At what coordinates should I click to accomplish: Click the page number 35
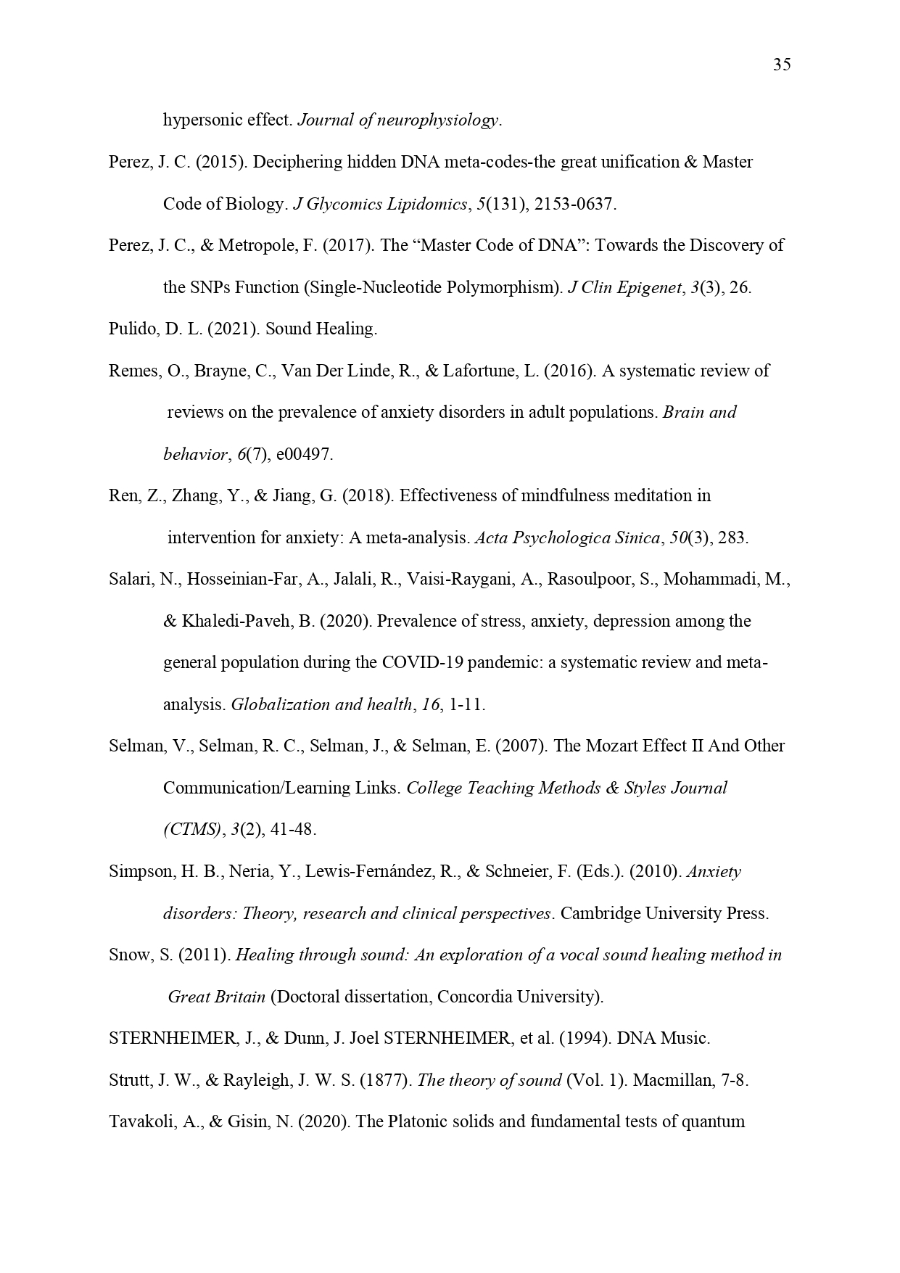point(782,65)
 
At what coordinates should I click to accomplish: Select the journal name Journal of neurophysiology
point(398,120)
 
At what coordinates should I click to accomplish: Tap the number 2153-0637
point(574,204)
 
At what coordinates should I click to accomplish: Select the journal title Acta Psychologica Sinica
point(567,538)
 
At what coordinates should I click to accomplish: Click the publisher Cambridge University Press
point(664,913)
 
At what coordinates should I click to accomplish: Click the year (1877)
point(389,1080)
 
